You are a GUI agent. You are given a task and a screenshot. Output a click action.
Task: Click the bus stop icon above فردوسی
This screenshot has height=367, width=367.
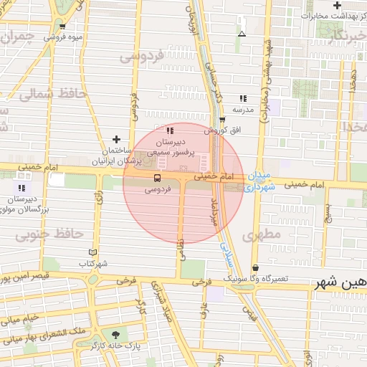pyautogui.click(x=156, y=177)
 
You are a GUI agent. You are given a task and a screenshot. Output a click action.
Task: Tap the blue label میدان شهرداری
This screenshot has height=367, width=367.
pyautogui.click(x=254, y=181)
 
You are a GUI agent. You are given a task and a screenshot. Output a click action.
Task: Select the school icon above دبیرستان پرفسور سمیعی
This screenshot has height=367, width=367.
pyautogui.click(x=170, y=131)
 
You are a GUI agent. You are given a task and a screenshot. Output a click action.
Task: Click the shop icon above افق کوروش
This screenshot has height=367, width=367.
pyautogui.click(x=222, y=120)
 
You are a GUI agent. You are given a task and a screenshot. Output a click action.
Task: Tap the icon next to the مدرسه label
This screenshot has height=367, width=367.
pyautogui.click(x=244, y=100)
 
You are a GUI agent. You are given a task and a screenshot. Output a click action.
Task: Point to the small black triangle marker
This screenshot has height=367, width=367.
pyautogui.click(x=242, y=34)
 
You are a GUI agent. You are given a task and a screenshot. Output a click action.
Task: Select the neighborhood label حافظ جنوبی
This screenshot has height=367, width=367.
pyautogui.click(x=44, y=234)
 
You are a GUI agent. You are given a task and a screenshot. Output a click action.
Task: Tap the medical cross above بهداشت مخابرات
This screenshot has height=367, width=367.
pyautogui.click(x=337, y=6)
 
